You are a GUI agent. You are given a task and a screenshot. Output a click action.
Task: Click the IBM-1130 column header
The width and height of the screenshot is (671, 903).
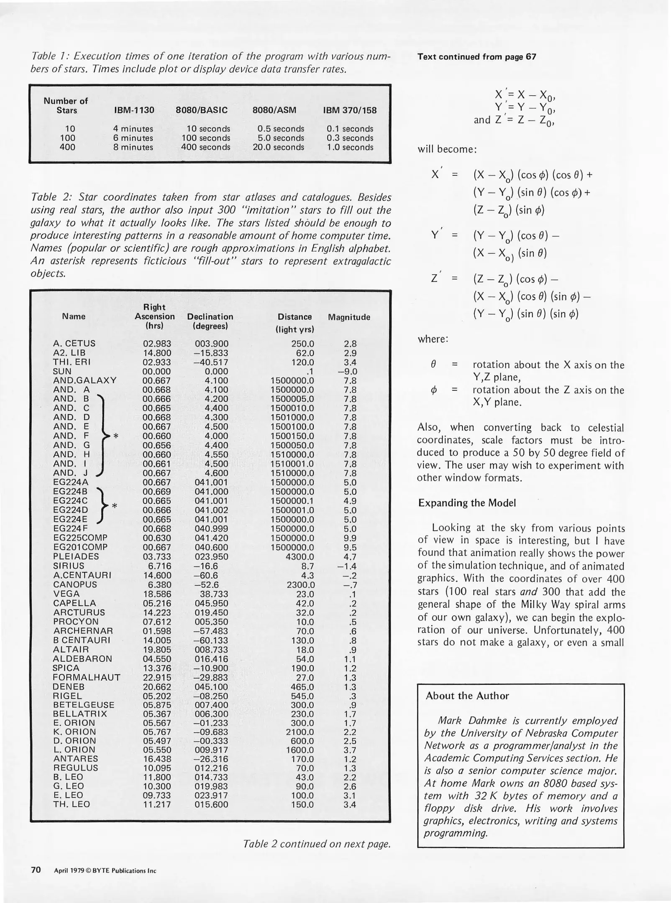click(134, 110)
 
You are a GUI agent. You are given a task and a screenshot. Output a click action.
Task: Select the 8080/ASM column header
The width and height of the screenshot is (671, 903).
click(274, 110)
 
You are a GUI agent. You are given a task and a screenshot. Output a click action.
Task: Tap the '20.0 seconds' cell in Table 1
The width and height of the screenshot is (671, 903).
click(278, 147)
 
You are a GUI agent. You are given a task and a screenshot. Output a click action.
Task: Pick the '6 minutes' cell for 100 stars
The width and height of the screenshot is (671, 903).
click(133, 138)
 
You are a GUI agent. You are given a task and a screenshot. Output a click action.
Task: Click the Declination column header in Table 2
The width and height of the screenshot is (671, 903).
click(210, 321)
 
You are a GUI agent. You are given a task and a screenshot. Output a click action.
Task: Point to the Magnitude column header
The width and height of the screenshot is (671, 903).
click(349, 317)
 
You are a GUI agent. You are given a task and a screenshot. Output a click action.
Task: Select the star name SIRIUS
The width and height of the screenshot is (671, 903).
click(69, 566)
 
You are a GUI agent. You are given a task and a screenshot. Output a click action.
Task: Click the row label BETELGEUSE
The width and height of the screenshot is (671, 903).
click(84, 705)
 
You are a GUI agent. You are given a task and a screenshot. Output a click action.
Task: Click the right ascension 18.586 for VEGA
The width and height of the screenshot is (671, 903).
click(157, 594)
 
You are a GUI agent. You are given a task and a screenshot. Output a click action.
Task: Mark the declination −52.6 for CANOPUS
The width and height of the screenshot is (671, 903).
click(207, 584)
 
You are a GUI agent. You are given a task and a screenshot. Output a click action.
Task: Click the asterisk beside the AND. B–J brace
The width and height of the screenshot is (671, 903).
click(116, 436)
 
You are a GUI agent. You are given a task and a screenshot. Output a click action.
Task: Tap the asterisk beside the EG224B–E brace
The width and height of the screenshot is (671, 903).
click(114, 506)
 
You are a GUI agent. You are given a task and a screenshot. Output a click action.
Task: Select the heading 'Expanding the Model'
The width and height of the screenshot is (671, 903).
click(467, 503)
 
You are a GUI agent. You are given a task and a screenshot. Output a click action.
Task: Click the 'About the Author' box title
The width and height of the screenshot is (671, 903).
click(467, 696)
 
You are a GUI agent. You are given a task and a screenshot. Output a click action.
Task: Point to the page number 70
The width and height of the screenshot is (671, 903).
click(36, 870)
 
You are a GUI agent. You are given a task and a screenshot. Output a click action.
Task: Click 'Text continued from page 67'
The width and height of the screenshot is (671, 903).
click(476, 57)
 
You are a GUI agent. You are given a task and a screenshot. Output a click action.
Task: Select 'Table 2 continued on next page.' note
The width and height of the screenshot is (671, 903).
click(317, 844)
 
